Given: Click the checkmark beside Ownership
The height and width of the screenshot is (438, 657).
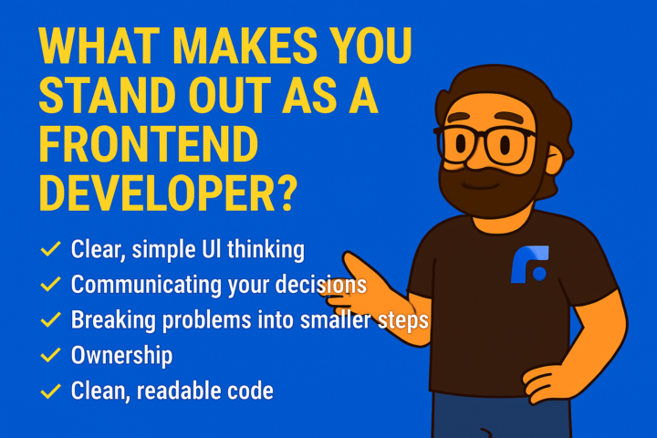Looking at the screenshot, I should pyautogui.click(x=50, y=355).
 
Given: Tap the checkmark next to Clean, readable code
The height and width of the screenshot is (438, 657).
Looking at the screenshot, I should pyautogui.click(x=50, y=391).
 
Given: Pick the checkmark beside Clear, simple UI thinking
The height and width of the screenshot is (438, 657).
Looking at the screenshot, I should pyautogui.click(x=50, y=248).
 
